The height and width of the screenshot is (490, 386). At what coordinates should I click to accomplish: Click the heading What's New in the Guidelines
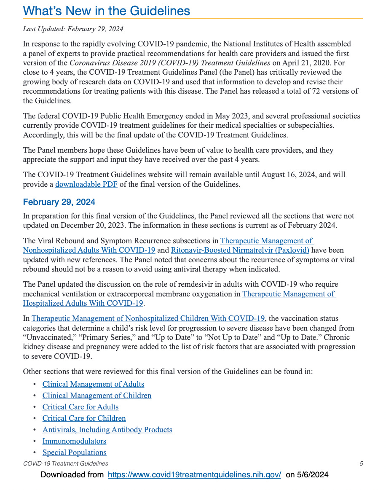click(106, 11)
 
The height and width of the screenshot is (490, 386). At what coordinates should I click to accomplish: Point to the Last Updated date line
click(73, 29)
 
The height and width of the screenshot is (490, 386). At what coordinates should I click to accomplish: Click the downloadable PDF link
click(86, 184)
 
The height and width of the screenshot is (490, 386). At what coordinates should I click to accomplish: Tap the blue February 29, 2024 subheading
click(59, 202)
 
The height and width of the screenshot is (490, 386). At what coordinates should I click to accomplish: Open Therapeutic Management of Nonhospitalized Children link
click(148, 318)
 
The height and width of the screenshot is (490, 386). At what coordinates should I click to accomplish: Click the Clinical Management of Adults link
click(93, 384)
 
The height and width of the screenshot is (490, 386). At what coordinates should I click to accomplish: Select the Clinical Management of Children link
click(96, 396)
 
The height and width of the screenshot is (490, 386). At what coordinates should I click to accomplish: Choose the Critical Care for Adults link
click(80, 407)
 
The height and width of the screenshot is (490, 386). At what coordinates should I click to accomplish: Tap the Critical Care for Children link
click(84, 418)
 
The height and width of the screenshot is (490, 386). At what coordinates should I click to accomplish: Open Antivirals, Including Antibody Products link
click(107, 430)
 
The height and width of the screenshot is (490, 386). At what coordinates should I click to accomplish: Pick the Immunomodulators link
click(74, 441)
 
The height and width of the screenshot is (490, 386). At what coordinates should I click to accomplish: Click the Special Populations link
click(74, 452)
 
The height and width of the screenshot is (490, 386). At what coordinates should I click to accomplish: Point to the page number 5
click(361, 464)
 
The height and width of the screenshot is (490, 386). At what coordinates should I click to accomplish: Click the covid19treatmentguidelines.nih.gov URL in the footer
click(194, 475)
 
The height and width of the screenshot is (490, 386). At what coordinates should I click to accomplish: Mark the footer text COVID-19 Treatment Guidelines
click(65, 464)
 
